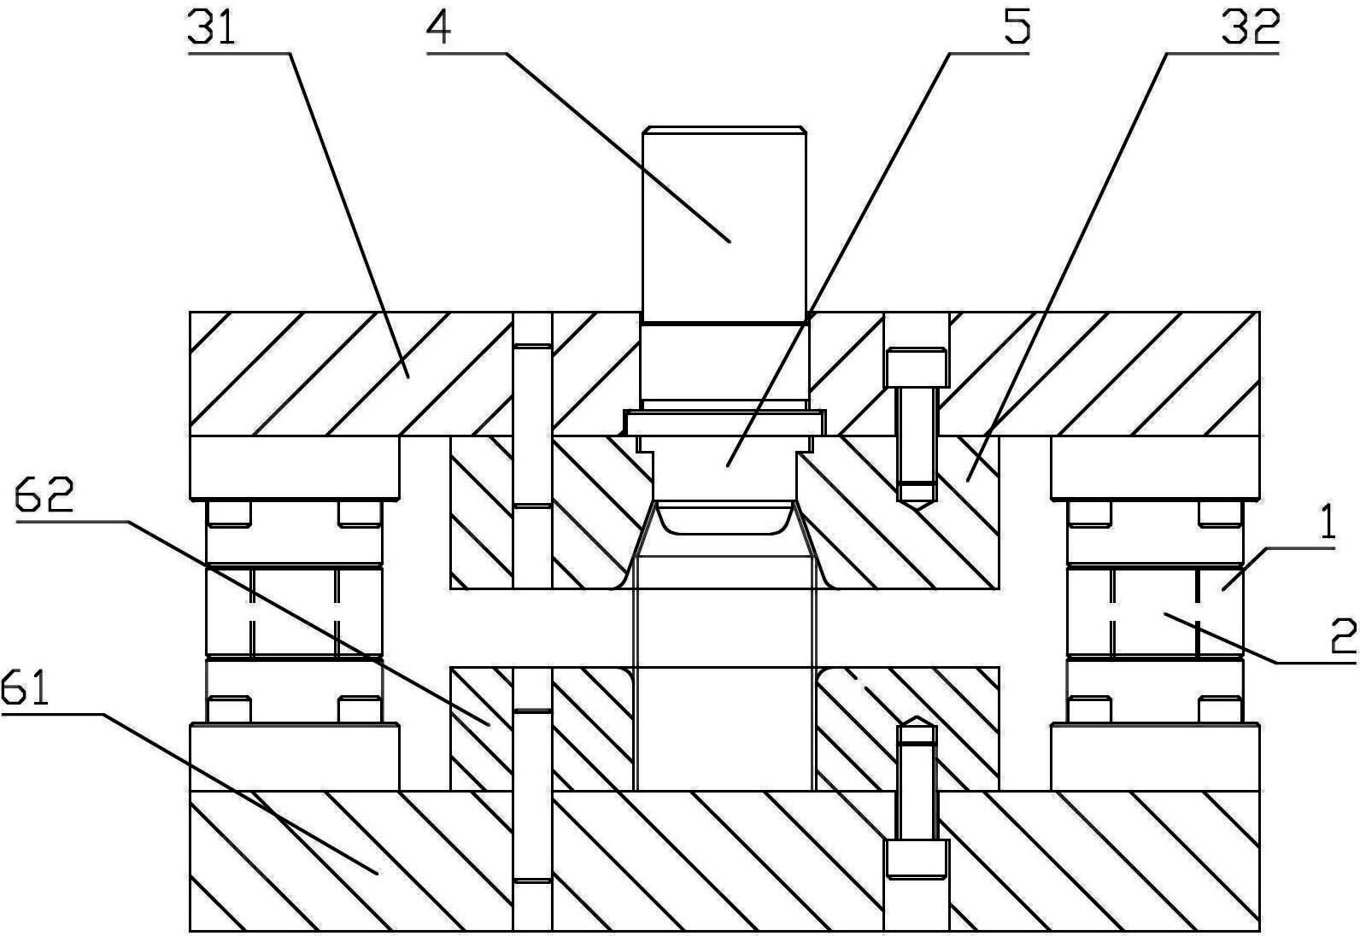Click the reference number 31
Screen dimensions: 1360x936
point(211,27)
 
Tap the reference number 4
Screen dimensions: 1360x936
point(439,28)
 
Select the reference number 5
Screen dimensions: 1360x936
point(1017,27)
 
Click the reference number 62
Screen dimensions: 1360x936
point(44,494)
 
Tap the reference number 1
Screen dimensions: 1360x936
point(1328,524)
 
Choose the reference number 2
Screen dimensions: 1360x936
point(1343,636)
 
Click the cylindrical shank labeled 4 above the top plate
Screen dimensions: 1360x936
point(724,225)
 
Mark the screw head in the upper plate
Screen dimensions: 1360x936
point(917,368)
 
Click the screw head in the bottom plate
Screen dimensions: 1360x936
point(917,858)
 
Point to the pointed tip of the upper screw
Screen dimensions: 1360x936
point(917,507)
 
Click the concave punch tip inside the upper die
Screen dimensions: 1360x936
point(724,518)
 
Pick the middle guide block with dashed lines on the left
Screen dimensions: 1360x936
point(295,611)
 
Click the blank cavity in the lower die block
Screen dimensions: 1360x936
point(724,728)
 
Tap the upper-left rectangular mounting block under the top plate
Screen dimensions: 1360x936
point(295,467)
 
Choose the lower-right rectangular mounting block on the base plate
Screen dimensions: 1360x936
point(1155,757)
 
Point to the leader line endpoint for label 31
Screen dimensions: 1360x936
point(408,377)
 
